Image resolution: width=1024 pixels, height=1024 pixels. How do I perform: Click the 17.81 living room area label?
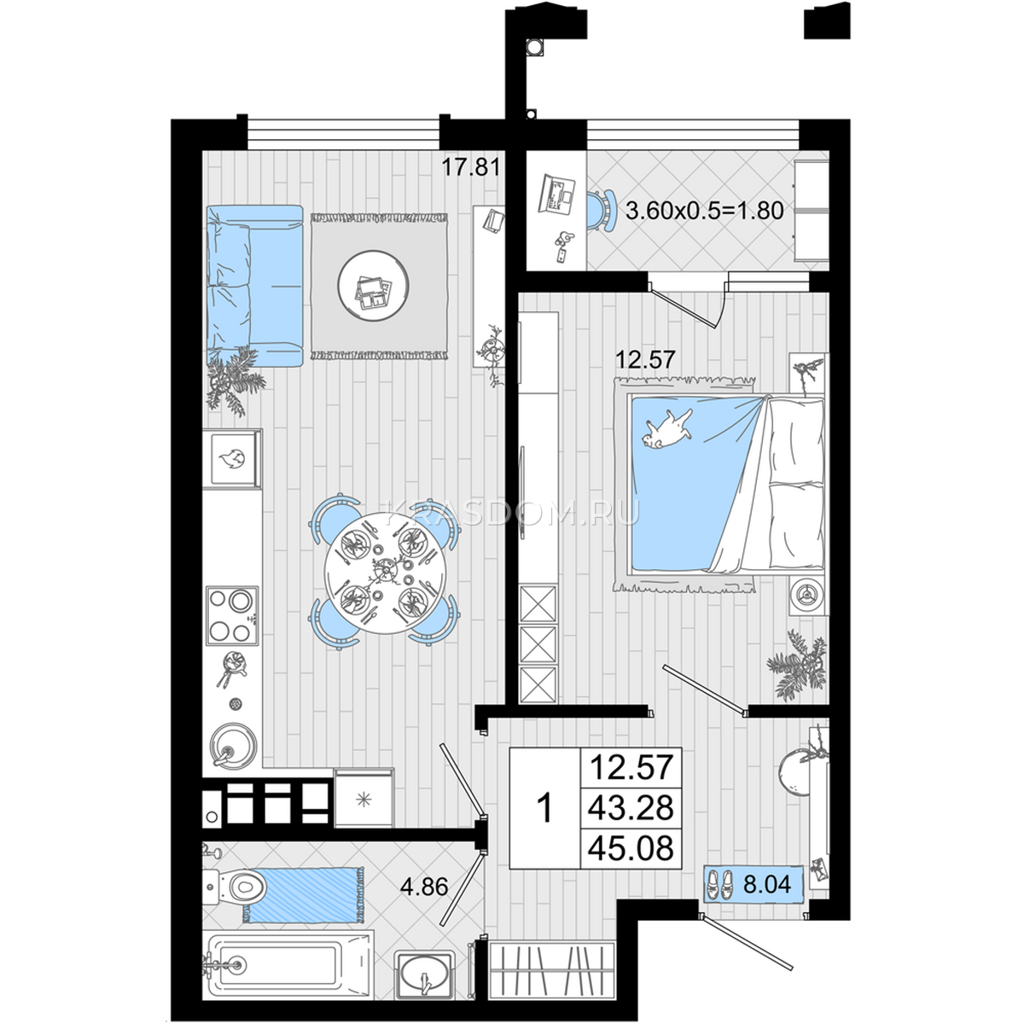pos(471,167)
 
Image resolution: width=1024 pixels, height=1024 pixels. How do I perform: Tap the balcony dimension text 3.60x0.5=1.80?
pos(704,211)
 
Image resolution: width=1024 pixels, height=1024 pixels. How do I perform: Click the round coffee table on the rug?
pos(373,286)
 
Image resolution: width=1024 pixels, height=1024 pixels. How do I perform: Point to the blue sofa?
pos(254,285)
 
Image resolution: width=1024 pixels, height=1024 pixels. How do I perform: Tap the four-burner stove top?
pos(232,616)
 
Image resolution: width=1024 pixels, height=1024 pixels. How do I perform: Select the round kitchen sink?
pos(233,744)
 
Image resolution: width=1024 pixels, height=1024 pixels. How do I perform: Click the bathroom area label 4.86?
pos(425,887)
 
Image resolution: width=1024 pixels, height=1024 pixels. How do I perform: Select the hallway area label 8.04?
pos(767,885)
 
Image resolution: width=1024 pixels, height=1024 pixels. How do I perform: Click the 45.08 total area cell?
pos(631,847)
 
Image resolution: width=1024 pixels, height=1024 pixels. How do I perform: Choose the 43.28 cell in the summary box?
pos(631,807)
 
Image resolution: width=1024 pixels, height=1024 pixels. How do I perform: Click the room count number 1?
pos(544,809)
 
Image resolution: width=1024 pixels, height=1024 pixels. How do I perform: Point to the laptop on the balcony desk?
pos(556,194)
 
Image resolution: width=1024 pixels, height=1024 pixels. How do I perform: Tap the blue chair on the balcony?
pos(601,211)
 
